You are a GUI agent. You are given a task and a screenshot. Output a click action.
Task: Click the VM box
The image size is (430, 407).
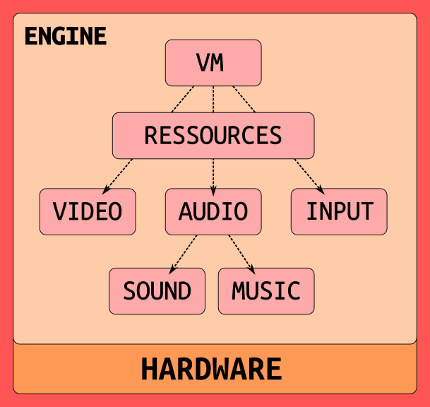click(213, 63)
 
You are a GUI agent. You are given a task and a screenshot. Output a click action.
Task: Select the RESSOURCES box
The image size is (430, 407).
click(213, 135)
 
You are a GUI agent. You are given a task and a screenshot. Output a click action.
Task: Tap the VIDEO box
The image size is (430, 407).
click(88, 211)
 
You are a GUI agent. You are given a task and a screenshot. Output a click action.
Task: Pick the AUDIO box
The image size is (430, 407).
click(213, 211)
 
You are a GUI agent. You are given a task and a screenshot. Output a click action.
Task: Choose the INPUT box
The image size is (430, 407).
click(339, 211)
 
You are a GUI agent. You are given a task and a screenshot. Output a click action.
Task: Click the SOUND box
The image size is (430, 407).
click(157, 290)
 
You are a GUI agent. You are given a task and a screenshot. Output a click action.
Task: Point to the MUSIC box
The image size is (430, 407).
click(266, 290)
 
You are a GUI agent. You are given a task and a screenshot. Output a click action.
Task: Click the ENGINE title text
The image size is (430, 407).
click(65, 36)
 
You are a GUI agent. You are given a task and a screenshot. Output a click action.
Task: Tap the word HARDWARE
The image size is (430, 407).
click(211, 370)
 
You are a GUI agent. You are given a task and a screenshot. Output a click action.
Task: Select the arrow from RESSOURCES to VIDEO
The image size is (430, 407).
click(119, 174)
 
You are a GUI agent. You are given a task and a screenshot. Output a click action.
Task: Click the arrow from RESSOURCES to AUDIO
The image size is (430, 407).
click(213, 174)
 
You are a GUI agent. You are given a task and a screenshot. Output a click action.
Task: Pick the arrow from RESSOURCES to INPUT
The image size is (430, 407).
click(309, 174)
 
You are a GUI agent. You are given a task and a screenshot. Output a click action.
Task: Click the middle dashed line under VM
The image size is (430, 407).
click(213, 99)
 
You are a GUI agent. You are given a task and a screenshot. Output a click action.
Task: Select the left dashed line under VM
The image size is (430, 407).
click(183, 99)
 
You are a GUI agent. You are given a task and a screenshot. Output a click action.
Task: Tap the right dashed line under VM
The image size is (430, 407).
click(244, 99)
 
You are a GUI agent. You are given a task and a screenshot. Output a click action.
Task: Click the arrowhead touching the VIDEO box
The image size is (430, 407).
click(106, 189)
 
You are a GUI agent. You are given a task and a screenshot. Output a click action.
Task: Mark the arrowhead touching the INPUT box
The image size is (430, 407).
click(321, 189)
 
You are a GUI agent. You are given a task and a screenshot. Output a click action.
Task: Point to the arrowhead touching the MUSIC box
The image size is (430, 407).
click(251, 269)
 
